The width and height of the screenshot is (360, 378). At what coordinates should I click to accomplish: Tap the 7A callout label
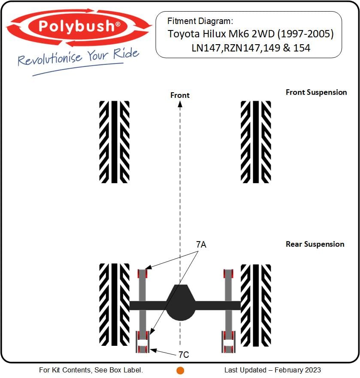(x=201, y=245)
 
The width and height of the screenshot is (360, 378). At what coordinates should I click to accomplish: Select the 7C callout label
(x=184, y=354)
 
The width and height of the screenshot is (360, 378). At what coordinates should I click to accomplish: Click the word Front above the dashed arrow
(x=180, y=95)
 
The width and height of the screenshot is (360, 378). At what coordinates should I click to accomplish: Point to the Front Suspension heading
(x=316, y=92)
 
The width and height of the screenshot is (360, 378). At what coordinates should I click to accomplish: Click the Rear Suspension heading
(x=315, y=244)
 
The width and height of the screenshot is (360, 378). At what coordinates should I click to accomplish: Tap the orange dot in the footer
(x=180, y=370)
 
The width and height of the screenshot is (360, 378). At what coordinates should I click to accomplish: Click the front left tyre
(x=114, y=142)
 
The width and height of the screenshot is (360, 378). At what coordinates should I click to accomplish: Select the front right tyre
(x=256, y=142)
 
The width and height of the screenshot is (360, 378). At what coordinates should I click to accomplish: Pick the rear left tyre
(x=114, y=305)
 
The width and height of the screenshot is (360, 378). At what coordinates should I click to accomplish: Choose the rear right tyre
(x=256, y=305)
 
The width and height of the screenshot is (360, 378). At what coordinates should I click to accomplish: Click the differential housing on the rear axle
(x=180, y=303)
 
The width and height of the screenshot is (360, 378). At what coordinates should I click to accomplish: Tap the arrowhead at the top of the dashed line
(x=180, y=104)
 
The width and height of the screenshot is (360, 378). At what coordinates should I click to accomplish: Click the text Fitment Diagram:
(x=200, y=21)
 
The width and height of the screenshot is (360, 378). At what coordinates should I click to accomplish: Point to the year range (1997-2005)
(x=306, y=34)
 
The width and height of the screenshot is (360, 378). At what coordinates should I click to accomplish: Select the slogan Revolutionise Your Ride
(x=79, y=57)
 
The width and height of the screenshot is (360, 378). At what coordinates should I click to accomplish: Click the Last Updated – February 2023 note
(x=272, y=370)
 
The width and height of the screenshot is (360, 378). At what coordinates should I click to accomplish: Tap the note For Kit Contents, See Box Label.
(x=91, y=370)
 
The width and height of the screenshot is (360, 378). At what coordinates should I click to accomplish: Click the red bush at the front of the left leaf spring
(x=142, y=274)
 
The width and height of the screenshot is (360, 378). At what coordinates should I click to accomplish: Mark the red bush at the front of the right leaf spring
(x=228, y=274)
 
